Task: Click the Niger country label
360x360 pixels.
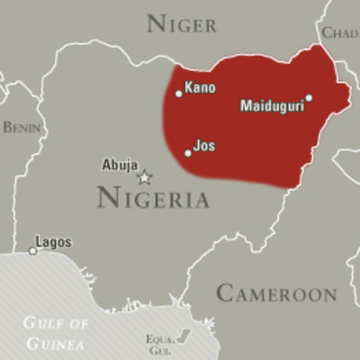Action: click(x=181, y=23)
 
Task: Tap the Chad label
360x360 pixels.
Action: click(x=340, y=33)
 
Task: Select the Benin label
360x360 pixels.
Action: click(x=21, y=128)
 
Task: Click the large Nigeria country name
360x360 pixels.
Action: click(x=153, y=197)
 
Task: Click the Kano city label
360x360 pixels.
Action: click(x=200, y=88)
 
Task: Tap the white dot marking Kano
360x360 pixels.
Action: click(x=179, y=93)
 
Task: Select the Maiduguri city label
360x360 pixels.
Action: click(x=272, y=106)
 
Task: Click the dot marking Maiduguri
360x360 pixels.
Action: click(x=309, y=98)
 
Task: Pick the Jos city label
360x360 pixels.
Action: click(x=204, y=144)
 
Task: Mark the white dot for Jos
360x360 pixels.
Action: click(x=188, y=153)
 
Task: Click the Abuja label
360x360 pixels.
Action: click(x=120, y=165)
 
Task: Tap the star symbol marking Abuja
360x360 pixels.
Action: click(x=144, y=176)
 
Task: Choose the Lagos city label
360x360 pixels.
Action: click(x=53, y=242)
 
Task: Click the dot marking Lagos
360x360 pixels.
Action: click(x=32, y=250)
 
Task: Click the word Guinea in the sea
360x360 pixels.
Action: click(x=56, y=343)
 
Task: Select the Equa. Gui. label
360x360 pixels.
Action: click(x=158, y=343)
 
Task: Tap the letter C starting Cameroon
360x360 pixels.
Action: click(x=225, y=293)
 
